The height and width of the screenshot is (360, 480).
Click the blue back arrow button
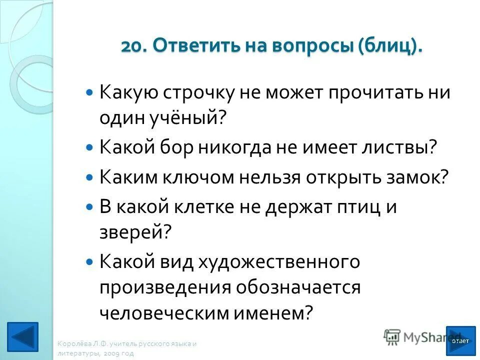pyautogui.click(x=23, y=338)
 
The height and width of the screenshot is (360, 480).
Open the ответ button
pyautogui.click(x=460, y=340)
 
